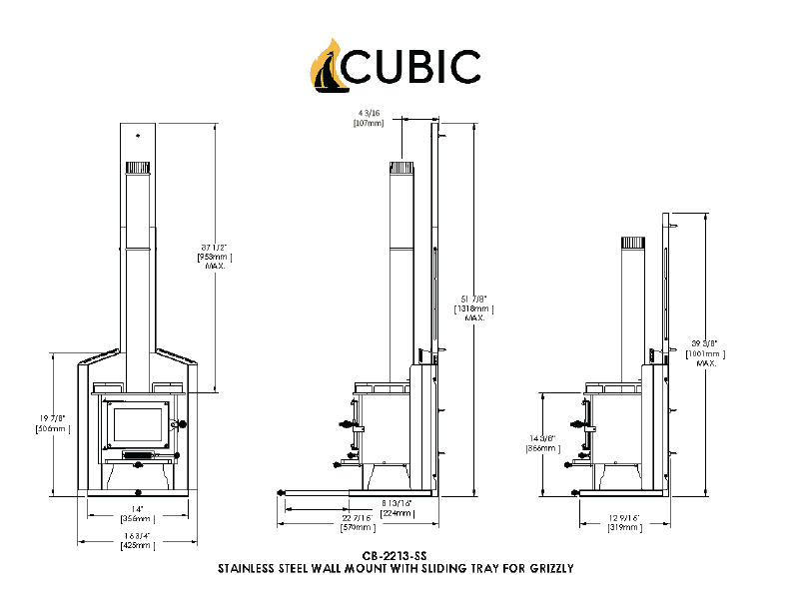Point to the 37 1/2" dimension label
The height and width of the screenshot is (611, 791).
pos(215,246)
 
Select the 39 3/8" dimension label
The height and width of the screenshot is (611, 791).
pos(706,342)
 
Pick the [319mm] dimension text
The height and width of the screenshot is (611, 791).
pos(622,528)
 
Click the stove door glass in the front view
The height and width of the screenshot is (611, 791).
pos(138,425)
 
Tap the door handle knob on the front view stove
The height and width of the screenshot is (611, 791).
pos(182,424)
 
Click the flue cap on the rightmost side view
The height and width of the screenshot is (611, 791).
pos(633,244)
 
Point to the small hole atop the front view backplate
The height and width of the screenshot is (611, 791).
pos(138,135)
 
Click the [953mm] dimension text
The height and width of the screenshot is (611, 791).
pos(215,257)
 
